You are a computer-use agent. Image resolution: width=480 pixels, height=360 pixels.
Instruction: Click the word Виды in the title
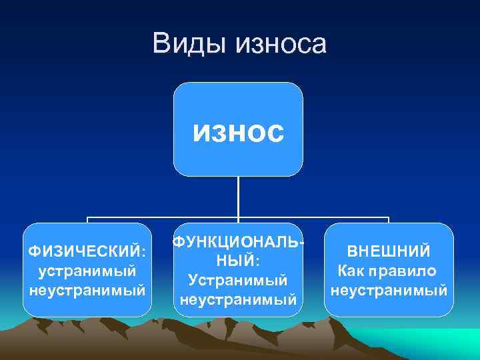click(189, 44)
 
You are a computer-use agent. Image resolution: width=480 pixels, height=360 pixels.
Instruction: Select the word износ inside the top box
click(239, 131)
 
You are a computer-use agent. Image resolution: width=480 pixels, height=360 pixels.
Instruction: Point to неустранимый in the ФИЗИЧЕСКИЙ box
click(87, 290)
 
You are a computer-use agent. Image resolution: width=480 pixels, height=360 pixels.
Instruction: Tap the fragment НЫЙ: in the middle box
click(238, 260)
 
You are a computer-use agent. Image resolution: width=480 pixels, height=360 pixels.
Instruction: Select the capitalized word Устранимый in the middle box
click(238, 280)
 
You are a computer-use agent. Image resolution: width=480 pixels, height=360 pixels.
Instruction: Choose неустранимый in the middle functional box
click(238, 299)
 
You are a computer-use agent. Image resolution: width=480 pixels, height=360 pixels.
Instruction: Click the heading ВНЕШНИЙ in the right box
click(389, 252)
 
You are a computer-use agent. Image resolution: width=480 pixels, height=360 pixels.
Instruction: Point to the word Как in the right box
click(353, 271)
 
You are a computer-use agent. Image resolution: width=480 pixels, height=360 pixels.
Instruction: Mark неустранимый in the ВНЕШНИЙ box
click(389, 290)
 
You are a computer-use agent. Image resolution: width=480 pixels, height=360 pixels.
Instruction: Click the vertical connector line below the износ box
click(239, 197)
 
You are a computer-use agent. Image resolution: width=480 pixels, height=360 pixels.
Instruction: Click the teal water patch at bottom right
click(440, 343)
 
